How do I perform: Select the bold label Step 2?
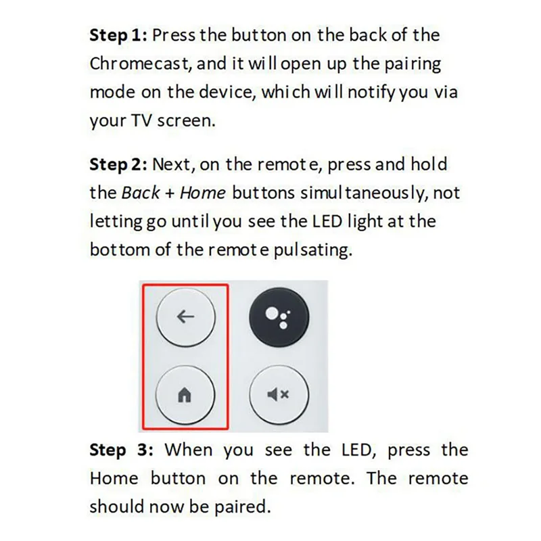pyautogui.click(x=118, y=164)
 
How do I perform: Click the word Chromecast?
pyautogui.click(x=134, y=64)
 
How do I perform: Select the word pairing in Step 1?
pyautogui.click(x=406, y=64)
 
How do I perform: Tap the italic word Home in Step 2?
pyautogui.click(x=203, y=193)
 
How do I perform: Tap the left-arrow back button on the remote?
pyautogui.click(x=185, y=317)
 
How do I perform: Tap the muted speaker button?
pyautogui.click(x=279, y=396)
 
